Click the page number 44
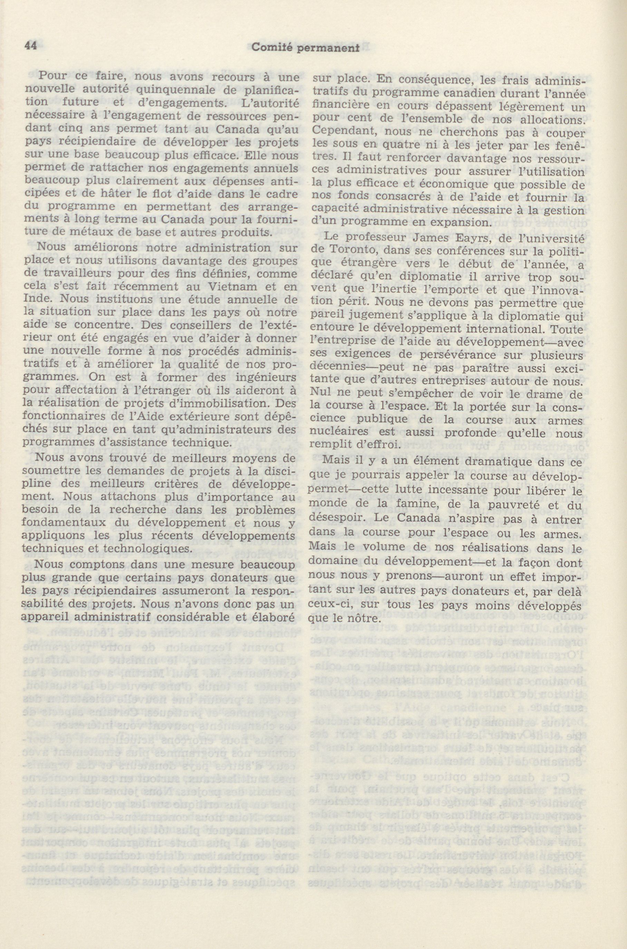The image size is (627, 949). (30, 46)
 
